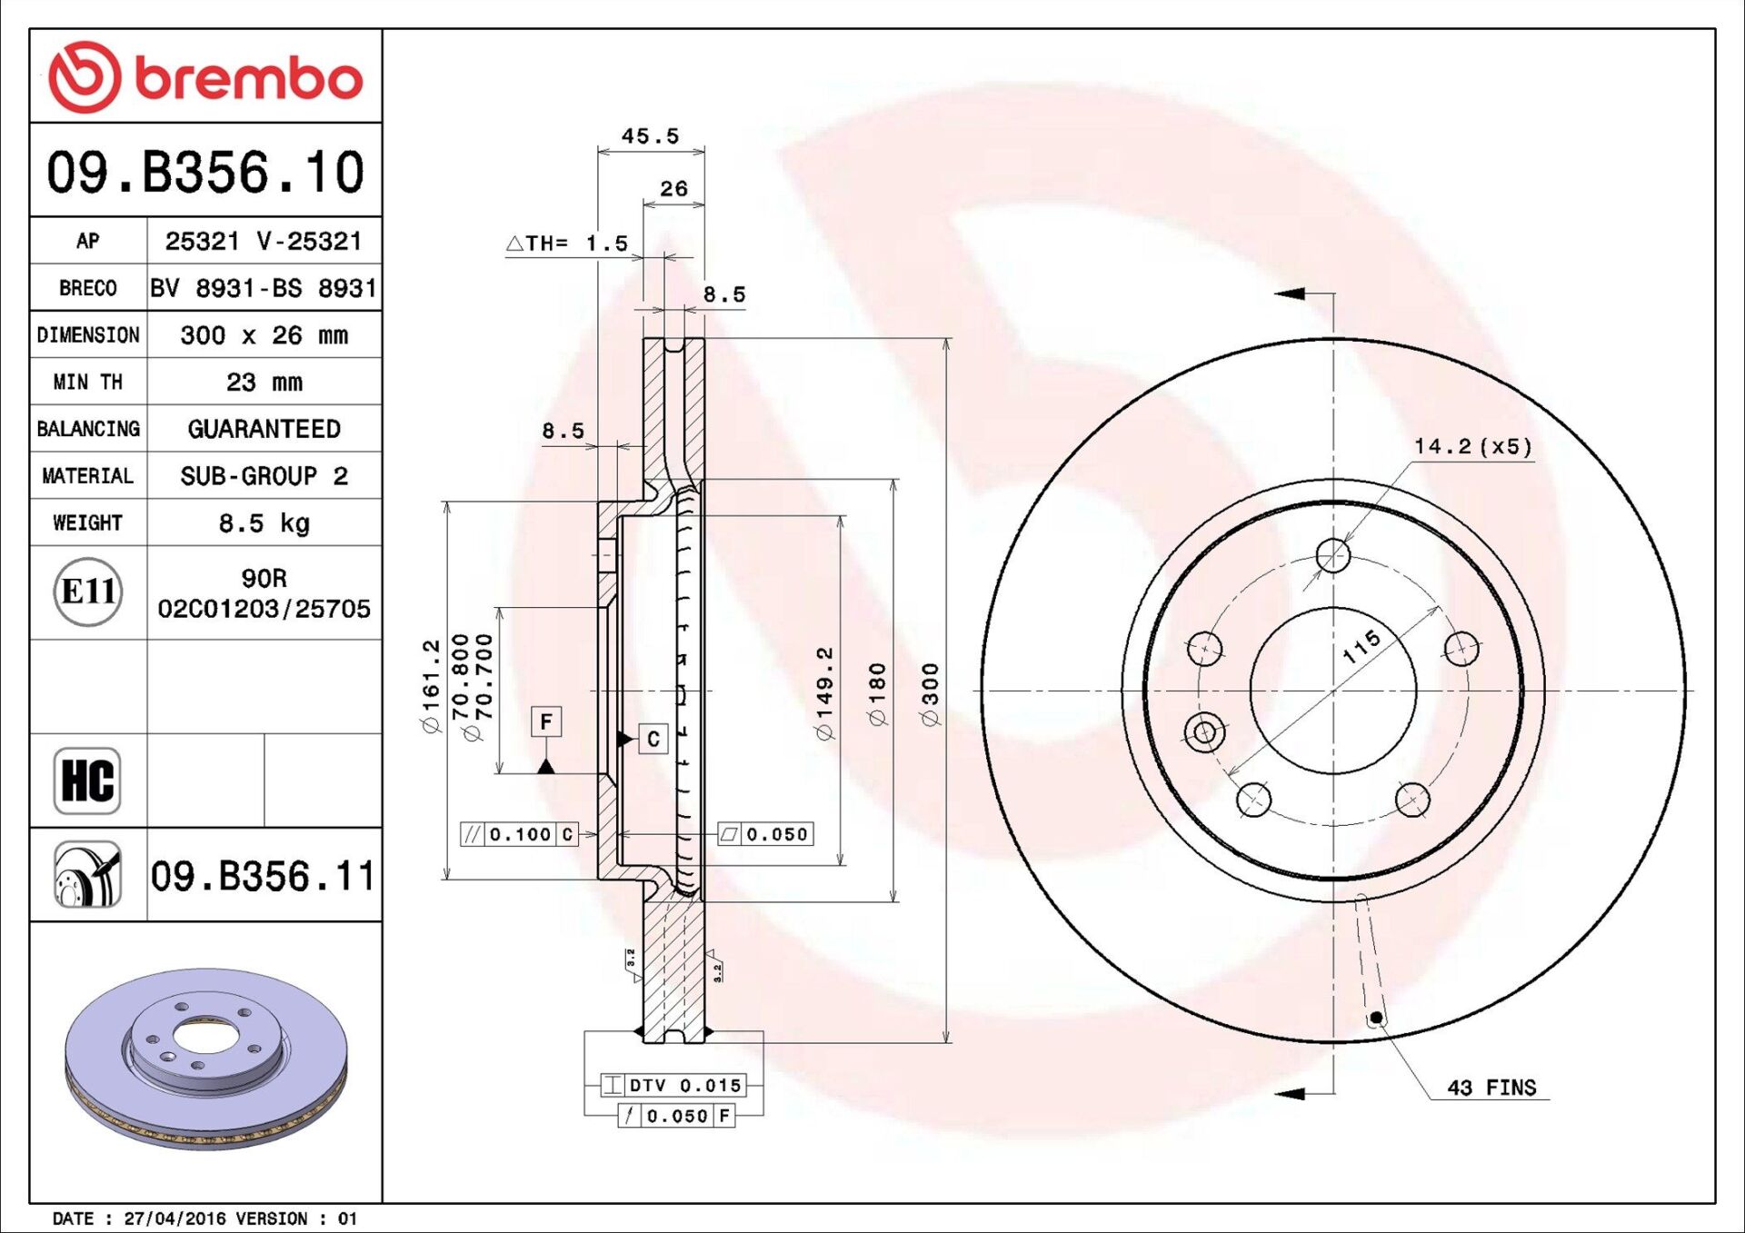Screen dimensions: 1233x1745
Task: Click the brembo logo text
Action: coord(247,78)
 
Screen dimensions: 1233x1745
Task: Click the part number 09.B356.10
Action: coord(205,172)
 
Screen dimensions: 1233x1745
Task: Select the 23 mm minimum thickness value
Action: coord(264,383)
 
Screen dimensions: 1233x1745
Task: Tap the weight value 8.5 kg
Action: coord(264,523)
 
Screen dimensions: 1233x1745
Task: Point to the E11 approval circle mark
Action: coord(87,592)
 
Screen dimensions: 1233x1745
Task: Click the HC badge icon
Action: coord(87,781)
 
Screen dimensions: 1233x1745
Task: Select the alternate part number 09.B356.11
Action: coord(262,877)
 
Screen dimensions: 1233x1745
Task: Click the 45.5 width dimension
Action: coord(650,136)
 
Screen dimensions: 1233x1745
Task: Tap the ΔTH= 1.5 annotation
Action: coord(567,244)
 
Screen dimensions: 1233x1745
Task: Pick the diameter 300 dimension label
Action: coord(930,694)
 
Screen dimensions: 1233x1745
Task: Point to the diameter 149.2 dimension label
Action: coord(824,694)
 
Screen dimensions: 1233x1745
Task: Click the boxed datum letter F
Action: coord(546,722)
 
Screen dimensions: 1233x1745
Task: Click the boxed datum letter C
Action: coord(653,740)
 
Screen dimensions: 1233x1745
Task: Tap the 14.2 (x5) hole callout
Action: coord(1472,446)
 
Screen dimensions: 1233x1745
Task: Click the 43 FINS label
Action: coord(1491,1088)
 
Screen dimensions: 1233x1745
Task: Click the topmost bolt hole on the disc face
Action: coord(1333,555)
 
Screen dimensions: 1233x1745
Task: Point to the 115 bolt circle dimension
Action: coord(1361,646)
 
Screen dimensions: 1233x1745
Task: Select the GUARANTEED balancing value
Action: coord(264,429)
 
